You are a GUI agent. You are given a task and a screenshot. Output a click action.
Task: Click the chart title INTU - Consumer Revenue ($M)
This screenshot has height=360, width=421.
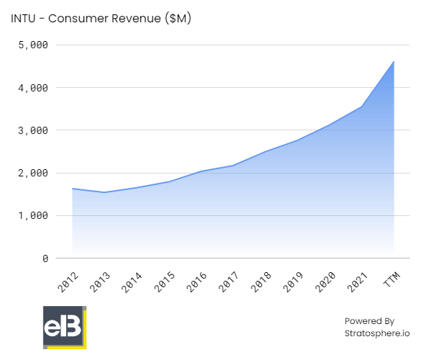[101, 19]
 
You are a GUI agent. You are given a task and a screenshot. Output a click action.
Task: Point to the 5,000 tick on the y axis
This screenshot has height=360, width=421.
[32, 45]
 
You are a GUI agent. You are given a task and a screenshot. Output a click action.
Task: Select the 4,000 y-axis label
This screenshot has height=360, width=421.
[32, 88]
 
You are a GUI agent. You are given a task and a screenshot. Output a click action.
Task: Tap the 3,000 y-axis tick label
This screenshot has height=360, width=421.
[32, 130]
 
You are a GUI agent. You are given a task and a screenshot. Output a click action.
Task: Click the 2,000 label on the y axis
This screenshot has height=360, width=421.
[32, 173]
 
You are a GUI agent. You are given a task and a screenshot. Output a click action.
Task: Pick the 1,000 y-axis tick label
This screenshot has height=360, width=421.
[32, 215]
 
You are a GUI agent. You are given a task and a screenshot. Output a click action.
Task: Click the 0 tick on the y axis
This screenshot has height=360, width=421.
[45, 258]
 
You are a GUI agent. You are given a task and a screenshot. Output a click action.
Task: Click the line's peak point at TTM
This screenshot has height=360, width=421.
[394, 62]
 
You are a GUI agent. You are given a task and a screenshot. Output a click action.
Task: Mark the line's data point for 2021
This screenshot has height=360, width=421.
[361, 107]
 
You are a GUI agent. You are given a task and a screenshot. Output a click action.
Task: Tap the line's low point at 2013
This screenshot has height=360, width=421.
[104, 192]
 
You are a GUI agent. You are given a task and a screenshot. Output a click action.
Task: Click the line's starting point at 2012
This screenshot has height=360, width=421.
[72, 189]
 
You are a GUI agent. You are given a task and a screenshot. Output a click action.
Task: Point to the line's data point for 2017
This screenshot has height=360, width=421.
[233, 166]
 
